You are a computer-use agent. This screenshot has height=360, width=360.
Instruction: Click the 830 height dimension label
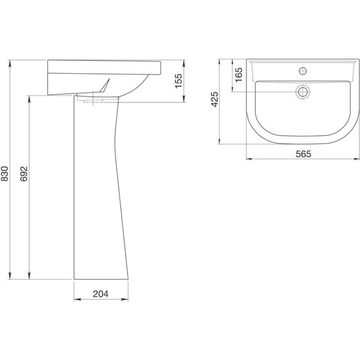tap(4, 174)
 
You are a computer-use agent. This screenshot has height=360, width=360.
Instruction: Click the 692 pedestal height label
tap(23, 174)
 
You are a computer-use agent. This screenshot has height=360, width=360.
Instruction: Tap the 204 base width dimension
tap(100, 294)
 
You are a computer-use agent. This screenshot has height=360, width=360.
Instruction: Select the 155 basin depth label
tap(178, 81)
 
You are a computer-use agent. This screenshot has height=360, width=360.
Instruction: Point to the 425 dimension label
tap(215, 99)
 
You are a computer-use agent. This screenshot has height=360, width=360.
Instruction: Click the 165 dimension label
tap(239, 75)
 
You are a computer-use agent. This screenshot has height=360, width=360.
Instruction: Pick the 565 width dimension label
tap(303, 154)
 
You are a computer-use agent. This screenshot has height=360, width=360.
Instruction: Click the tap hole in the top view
tap(303, 71)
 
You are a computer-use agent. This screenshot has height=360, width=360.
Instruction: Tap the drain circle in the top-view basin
tap(303, 92)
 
